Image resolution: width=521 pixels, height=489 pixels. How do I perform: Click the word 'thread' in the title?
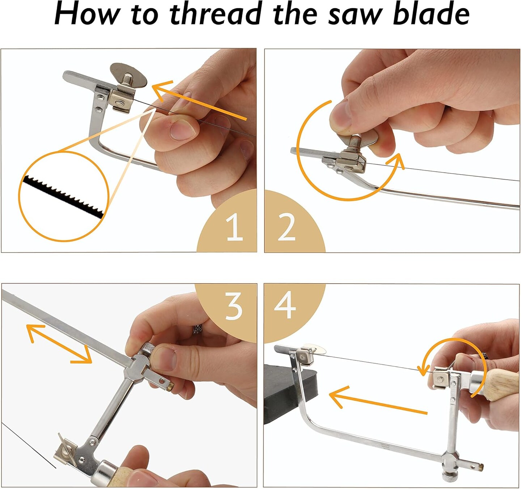[215, 14]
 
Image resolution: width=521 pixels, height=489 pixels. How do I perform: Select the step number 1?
[234, 227]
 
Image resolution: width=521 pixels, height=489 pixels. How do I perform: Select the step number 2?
[287, 227]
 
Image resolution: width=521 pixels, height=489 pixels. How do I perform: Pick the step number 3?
[234, 306]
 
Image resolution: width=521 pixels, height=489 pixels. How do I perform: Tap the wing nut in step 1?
[128, 75]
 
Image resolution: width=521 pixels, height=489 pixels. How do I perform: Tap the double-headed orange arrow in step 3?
[60, 343]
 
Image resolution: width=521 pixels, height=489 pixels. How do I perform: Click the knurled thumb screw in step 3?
[148, 349]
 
